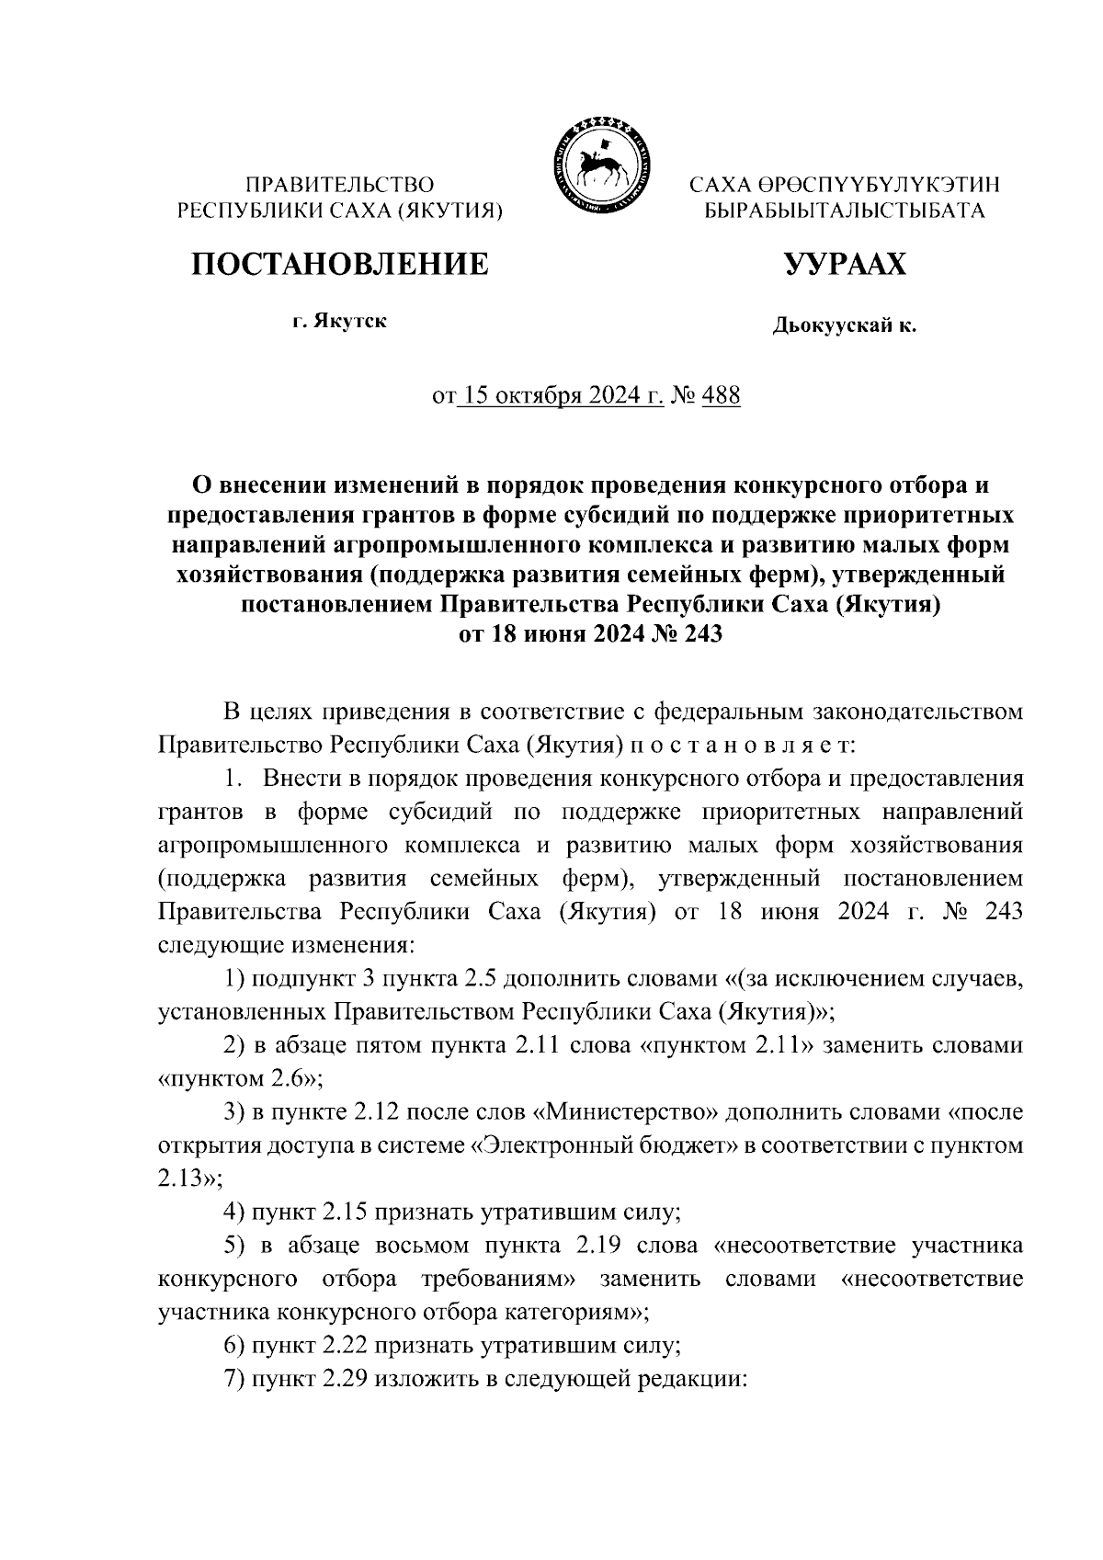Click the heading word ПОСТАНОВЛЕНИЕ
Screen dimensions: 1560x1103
coord(339,265)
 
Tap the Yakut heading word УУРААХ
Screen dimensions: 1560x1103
coord(844,265)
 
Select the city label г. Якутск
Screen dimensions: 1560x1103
coord(339,322)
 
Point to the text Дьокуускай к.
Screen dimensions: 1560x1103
coord(844,325)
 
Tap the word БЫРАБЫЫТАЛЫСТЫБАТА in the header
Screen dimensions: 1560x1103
coord(844,211)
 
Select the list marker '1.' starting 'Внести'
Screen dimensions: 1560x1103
coord(234,779)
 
